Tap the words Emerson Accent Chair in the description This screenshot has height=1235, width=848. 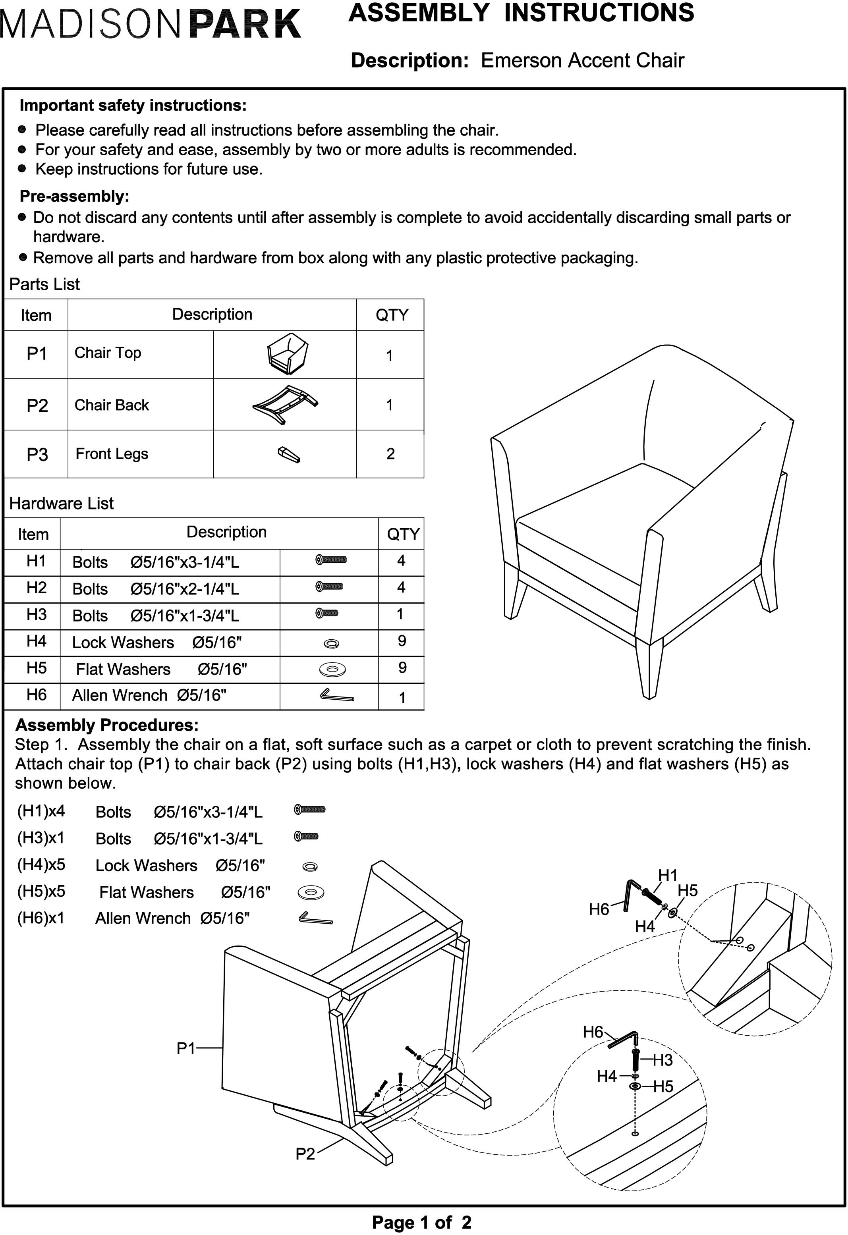click(x=582, y=61)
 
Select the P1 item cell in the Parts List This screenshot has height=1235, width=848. click(x=37, y=353)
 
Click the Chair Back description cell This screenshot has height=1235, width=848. click(x=112, y=405)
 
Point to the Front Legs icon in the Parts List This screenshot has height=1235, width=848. click(x=289, y=454)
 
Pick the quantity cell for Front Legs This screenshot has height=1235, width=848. click(x=390, y=454)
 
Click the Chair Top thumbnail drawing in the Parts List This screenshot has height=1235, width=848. click(x=288, y=353)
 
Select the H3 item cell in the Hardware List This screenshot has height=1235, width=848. click(x=36, y=615)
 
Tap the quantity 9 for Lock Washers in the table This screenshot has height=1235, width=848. click(x=402, y=641)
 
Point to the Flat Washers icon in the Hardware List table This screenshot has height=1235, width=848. click(x=332, y=669)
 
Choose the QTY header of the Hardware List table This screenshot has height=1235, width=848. click(x=403, y=534)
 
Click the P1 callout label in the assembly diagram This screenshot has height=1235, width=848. click(x=186, y=1048)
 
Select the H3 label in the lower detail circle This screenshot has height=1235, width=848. click(x=663, y=1060)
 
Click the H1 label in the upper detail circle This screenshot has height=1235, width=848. click(x=668, y=875)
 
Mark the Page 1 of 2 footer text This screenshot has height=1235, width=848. click(x=421, y=1222)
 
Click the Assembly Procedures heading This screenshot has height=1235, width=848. click(x=107, y=725)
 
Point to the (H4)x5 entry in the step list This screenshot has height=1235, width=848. click(x=41, y=864)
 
